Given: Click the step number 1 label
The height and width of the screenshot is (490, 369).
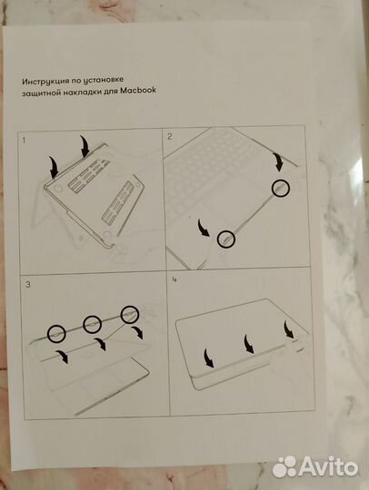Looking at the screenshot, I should (25, 142).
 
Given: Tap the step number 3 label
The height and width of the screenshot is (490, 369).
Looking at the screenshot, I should (28, 285).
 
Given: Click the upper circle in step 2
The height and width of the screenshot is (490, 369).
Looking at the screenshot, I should (281, 188).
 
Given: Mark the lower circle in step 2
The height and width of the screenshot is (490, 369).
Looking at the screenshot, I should (225, 240).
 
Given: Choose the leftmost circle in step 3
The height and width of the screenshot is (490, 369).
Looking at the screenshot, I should (56, 333).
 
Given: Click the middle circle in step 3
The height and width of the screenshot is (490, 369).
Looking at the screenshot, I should (92, 324).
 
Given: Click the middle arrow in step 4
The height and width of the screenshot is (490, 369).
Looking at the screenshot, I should (247, 345).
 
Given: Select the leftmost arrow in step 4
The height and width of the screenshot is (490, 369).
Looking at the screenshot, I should (207, 358).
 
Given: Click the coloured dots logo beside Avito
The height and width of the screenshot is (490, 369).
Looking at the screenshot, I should (285, 465).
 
